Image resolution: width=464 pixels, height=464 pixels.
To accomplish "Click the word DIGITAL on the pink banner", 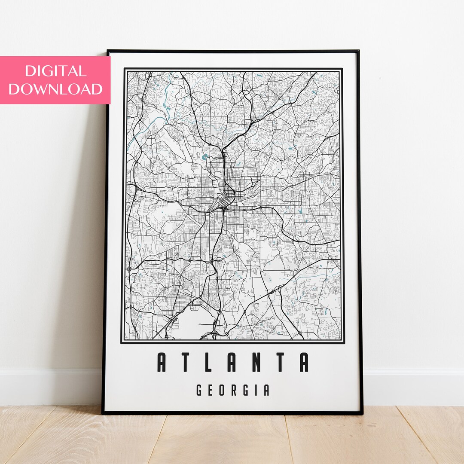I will pyautogui.click(x=55, y=71).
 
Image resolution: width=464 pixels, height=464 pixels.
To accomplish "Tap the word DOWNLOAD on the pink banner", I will pyautogui.click(x=55, y=89).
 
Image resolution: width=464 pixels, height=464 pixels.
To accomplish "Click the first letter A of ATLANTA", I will pyautogui.click(x=162, y=362).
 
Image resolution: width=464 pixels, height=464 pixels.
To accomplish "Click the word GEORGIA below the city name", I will pyautogui.click(x=233, y=390).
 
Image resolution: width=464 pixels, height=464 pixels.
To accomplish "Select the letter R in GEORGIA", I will pyautogui.click(x=234, y=390).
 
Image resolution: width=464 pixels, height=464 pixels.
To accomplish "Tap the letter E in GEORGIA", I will pyautogui.click(x=211, y=390).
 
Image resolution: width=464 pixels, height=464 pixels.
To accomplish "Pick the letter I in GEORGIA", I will pyautogui.click(x=256, y=390).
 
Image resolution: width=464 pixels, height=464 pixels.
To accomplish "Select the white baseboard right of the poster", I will pyautogui.click(x=412, y=387).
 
